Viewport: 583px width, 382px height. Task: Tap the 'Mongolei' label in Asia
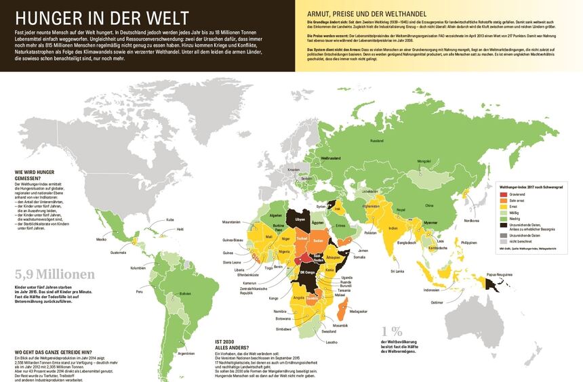424,161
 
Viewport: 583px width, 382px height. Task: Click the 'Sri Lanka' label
396,271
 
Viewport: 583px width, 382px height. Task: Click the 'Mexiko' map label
102,239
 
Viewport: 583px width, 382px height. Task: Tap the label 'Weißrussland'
328,158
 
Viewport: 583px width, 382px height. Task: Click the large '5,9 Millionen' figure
54,274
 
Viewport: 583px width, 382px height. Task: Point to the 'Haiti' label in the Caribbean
180,229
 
